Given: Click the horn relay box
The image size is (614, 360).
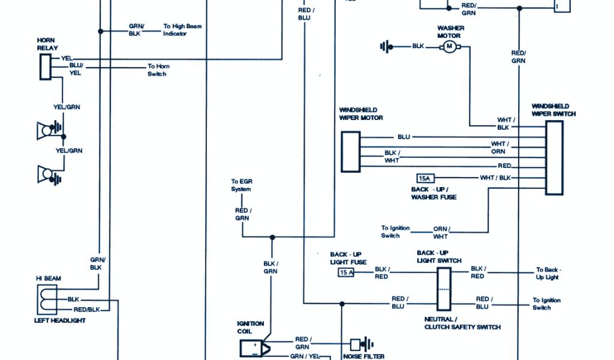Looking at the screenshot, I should click(46, 67).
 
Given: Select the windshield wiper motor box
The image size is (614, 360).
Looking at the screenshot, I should click(351, 152).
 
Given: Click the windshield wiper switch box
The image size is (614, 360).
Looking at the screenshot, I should click(554, 157).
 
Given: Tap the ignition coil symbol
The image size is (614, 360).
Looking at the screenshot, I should click(254, 347).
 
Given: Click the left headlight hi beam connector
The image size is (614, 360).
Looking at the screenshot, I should click(47, 299).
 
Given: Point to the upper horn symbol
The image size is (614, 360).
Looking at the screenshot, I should click(47, 130).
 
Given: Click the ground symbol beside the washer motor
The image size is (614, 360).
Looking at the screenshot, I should click(386, 46).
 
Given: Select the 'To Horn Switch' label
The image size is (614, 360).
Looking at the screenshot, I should click(157, 70).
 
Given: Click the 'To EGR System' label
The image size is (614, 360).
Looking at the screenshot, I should click(241, 185).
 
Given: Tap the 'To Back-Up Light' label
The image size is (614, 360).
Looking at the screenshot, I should click(547, 274).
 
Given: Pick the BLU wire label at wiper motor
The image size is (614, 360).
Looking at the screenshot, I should click(404, 137).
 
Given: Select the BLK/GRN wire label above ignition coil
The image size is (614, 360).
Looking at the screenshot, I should click(270, 267).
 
